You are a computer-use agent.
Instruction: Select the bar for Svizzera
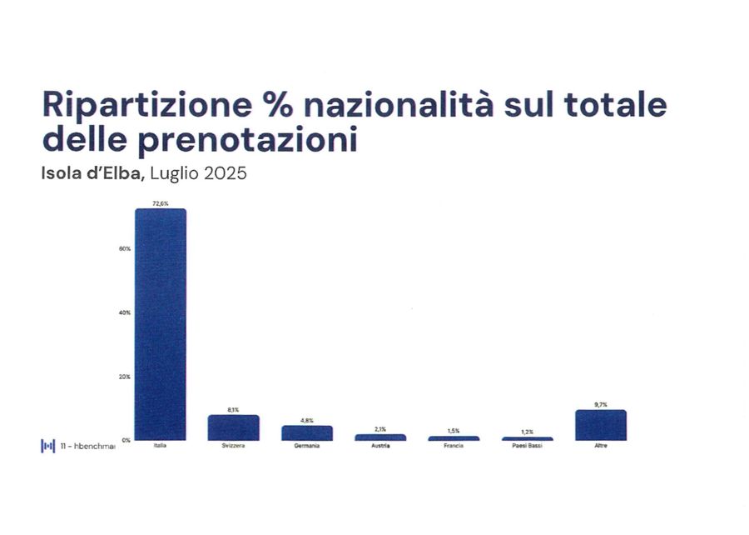coord(234,427)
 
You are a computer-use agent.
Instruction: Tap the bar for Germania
coord(307,432)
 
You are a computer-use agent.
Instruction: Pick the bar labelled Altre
coord(601,425)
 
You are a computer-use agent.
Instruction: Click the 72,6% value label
coord(161,203)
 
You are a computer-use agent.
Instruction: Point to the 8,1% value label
coord(234,410)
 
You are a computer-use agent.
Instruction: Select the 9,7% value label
coord(601,404)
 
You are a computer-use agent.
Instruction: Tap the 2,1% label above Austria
coord(380,429)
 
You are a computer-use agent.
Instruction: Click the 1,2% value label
coord(528,432)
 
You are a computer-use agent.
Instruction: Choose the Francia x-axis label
coord(454,447)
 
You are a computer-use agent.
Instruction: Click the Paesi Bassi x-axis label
coord(528,447)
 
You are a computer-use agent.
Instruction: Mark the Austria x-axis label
coord(380,447)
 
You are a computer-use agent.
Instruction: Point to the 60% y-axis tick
coord(125,249)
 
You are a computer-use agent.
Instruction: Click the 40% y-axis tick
coord(125,312)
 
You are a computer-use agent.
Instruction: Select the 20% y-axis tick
coord(125,377)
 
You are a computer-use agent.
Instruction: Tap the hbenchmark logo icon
coord(48,446)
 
